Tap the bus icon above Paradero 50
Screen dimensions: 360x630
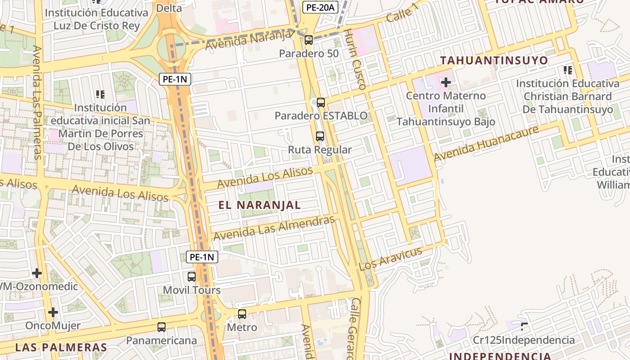pyautogui.click(x=309, y=40)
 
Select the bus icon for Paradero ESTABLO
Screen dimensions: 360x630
pyautogui.click(x=321, y=102)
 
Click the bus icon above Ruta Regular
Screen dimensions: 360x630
pyautogui.click(x=320, y=136)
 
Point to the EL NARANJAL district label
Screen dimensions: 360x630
pyautogui.click(x=260, y=205)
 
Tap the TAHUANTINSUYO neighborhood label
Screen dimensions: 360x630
pyautogui.click(x=494, y=60)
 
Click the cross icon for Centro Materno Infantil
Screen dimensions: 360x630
pyautogui.click(x=446, y=82)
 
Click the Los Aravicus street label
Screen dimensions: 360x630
pyautogui.click(x=391, y=258)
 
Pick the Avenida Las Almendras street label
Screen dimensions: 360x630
pyautogui.click(x=274, y=228)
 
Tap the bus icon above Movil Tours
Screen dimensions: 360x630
pyautogui.click(x=192, y=277)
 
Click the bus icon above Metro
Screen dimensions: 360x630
pyautogui.click(x=242, y=314)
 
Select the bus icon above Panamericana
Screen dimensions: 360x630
pyautogui.click(x=162, y=327)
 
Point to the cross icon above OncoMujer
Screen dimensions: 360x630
pyautogui.click(x=53, y=312)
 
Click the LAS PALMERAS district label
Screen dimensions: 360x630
pyautogui.click(x=61, y=347)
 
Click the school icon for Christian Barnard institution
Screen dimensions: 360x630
pyautogui.click(x=568, y=70)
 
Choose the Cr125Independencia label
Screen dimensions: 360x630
pyautogui.click(x=524, y=340)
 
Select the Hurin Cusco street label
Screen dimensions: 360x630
pyautogui.click(x=355, y=59)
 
